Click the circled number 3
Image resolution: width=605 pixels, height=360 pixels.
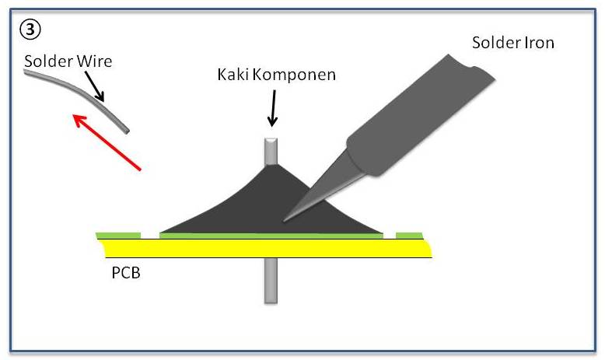tap(30, 30)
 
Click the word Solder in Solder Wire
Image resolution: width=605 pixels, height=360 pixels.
tap(49, 61)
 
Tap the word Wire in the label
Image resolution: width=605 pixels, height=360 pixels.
tap(95, 61)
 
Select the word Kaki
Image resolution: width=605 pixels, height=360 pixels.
tap(233, 75)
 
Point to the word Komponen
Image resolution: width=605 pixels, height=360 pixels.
tap(294, 75)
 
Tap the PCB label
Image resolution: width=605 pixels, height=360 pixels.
tap(126, 273)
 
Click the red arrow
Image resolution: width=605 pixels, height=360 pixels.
tap(107, 142)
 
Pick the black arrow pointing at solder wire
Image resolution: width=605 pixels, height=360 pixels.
tap(95, 87)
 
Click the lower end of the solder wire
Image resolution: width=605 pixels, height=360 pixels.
tap(127, 131)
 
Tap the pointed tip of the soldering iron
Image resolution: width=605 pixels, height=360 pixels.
tap(284, 221)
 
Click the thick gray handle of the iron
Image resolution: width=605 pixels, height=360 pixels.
tap(421, 116)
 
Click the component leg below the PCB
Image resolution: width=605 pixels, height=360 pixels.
tap(271, 281)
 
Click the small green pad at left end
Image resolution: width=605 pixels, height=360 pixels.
tap(118, 236)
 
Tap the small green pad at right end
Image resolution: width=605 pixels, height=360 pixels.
tap(409, 236)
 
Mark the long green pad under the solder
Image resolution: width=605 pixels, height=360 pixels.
tap(271, 236)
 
